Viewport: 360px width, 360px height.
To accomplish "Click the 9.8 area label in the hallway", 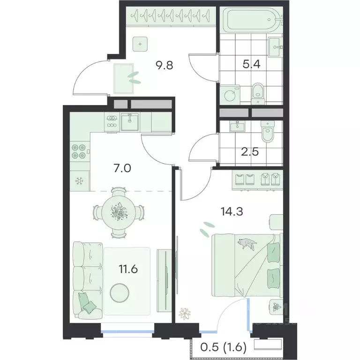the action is [164, 66].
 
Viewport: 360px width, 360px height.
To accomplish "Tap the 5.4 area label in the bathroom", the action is [251, 64].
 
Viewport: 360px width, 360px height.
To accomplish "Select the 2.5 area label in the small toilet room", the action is [250, 152].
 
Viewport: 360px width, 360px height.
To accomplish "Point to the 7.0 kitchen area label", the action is [122, 168].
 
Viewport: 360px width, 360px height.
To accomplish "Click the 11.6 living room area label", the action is [128, 269].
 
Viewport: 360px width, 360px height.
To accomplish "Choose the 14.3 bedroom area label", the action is [232, 211].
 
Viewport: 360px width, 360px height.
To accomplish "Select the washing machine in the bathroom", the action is [230, 95].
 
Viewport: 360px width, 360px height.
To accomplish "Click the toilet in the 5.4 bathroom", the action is [258, 93].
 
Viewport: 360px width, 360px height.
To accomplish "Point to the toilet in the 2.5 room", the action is [268, 131].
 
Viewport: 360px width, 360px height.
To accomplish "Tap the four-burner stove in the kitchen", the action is [79, 151].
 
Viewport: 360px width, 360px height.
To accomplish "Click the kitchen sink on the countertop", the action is [130, 122].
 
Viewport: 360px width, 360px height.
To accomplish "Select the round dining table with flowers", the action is [119, 212].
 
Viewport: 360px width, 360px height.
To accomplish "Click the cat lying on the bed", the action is [247, 244].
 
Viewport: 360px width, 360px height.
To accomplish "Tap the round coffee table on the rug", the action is [120, 293].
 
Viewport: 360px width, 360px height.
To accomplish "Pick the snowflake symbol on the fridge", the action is [79, 181].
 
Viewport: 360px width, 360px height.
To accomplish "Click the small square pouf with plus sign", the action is [140, 44].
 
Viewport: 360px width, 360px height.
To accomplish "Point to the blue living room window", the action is [127, 331].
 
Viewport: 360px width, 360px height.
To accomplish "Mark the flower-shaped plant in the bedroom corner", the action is [185, 313].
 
